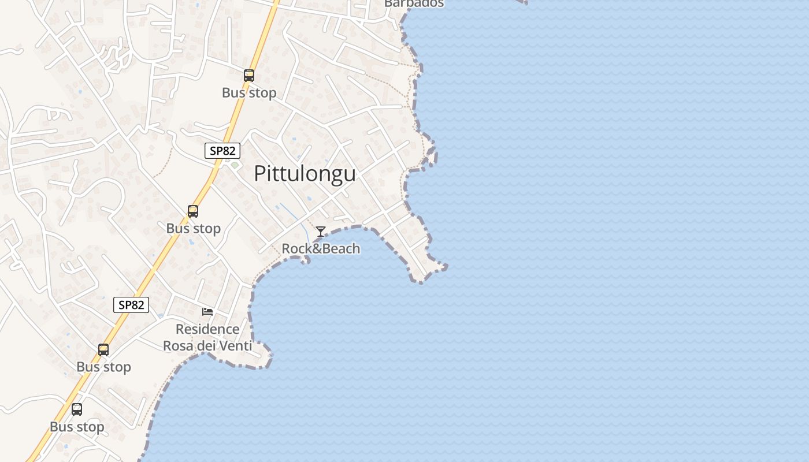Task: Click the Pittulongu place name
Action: [x=305, y=173]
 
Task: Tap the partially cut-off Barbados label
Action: [x=414, y=3]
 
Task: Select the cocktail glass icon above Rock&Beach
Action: [x=321, y=232]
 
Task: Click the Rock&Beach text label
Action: [x=321, y=249]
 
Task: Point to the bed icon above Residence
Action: [x=207, y=312]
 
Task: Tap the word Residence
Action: [x=207, y=329]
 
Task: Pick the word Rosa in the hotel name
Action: [x=178, y=346]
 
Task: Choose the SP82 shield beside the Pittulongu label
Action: [x=222, y=151]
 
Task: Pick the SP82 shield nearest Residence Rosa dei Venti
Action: [x=131, y=305]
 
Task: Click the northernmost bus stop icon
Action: [x=249, y=75]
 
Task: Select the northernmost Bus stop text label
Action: [x=249, y=92]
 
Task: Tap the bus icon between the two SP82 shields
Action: [x=193, y=211]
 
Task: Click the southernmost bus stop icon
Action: [x=77, y=409]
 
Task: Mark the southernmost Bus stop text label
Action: [x=77, y=427]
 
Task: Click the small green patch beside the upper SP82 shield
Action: [x=235, y=165]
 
